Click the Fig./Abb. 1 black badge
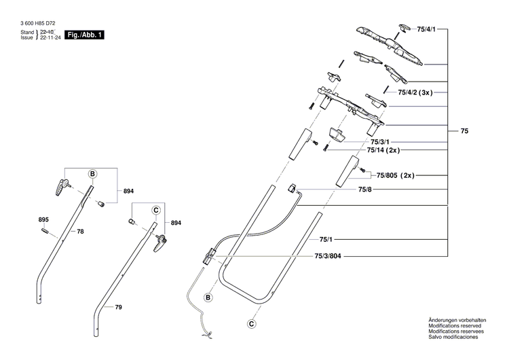click(x=85, y=35)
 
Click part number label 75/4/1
click(x=426, y=29)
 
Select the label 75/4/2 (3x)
click(x=415, y=92)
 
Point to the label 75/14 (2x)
click(x=383, y=149)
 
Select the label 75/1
click(x=326, y=240)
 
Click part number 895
click(x=44, y=219)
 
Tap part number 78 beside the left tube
click(x=80, y=232)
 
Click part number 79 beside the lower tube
click(x=118, y=308)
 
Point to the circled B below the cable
click(x=208, y=298)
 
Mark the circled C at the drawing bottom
click(x=252, y=324)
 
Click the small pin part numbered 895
click(x=44, y=231)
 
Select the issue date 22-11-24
click(x=50, y=37)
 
